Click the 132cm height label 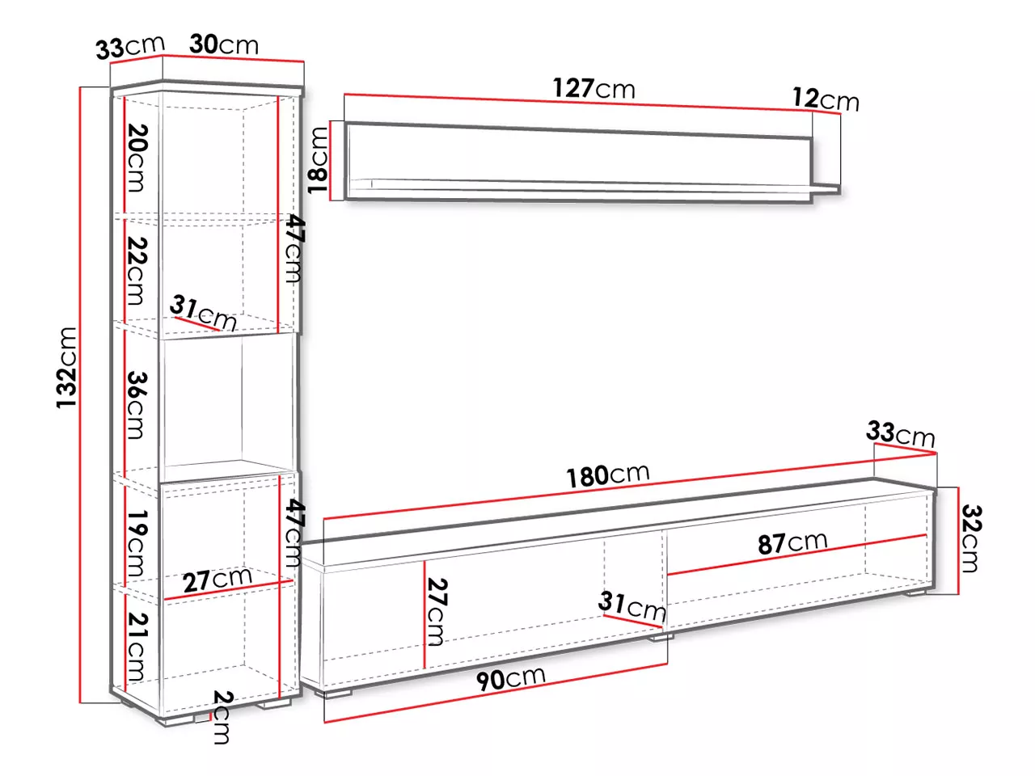click(66, 368)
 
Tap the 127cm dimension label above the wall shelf click(594, 89)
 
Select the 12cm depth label click(826, 99)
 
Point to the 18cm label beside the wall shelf click(318, 160)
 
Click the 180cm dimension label click(608, 475)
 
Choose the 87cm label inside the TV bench click(792, 542)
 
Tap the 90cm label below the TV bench click(511, 679)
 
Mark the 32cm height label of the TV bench click(971, 538)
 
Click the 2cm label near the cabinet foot click(222, 717)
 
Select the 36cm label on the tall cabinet click(137, 405)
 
